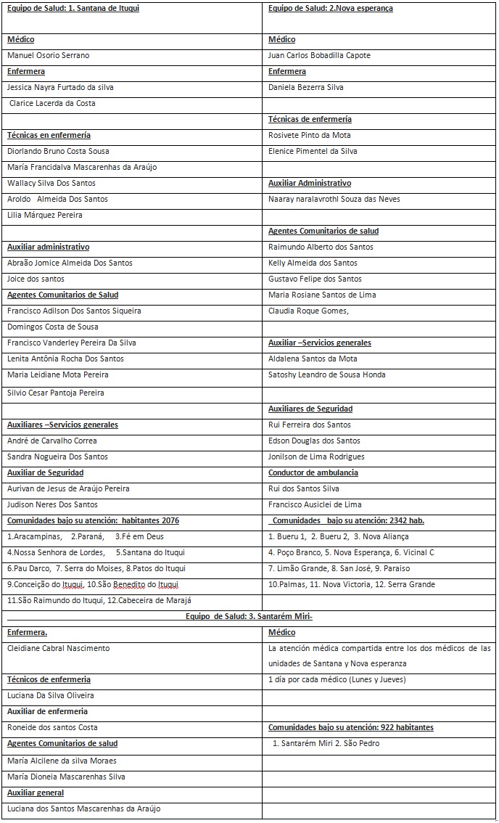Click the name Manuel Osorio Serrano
click(49, 55)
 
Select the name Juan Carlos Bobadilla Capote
click(319, 55)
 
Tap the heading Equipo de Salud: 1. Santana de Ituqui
click(73, 8)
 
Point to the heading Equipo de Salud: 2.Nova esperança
click(330, 8)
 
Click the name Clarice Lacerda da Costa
click(52, 103)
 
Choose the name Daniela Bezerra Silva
click(305, 87)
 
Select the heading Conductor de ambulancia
click(313, 472)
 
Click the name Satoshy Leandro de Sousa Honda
click(326, 374)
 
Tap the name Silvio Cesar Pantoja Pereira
click(56, 393)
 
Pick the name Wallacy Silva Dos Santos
click(51, 183)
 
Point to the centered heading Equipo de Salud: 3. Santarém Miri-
click(249, 617)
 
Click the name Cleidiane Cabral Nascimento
click(59, 648)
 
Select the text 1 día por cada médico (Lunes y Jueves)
click(337, 679)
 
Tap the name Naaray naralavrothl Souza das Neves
click(334, 199)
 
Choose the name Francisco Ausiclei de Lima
click(315, 504)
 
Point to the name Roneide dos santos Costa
click(52, 727)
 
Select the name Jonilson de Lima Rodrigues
click(316, 456)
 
